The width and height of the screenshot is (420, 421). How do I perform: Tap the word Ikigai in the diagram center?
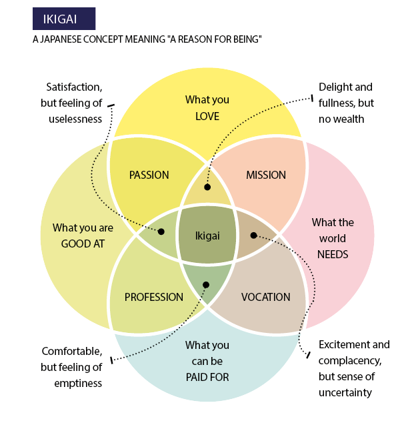(x=207, y=236)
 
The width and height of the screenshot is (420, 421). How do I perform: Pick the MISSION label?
(x=265, y=175)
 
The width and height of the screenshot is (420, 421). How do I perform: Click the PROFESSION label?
(x=153, y=297)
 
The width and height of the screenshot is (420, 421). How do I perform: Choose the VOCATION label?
(x=265, y=297)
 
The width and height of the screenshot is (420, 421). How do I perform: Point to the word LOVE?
(x=207, y=116)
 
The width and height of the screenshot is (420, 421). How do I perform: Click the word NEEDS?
(x=333, y=254)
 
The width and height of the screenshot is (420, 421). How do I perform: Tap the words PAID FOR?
(x=207, y=377)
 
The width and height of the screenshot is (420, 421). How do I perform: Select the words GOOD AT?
(x=83, y=244)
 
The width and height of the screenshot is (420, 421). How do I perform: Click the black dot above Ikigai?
(x=207, y=187)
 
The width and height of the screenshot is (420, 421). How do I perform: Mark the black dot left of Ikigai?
(x=161, y=232)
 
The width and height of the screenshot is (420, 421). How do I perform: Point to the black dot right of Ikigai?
(x=253, y=235)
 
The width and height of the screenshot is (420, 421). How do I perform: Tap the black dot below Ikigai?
(x=206, y=285)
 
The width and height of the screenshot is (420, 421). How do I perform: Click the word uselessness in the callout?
(x=75, y=119)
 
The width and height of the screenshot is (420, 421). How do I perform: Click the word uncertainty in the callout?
(x=345, y=392)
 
